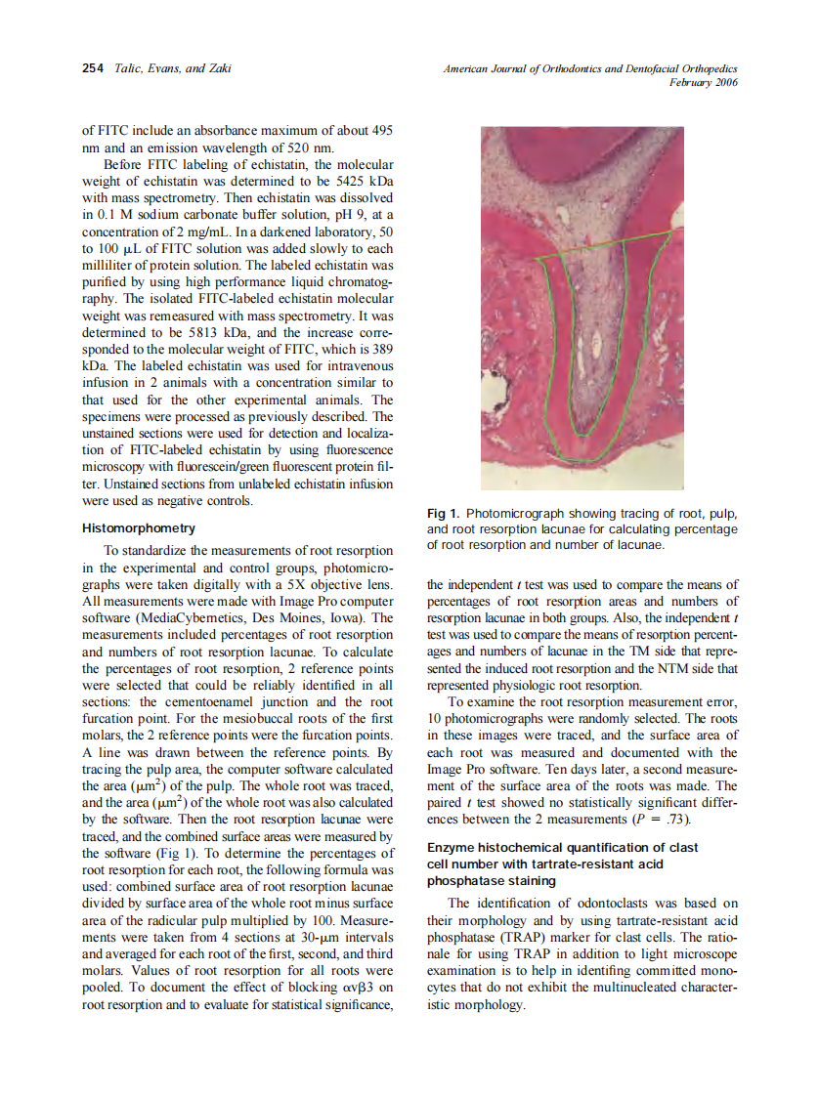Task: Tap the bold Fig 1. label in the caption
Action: pyautogui.click(x=444, y=513)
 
